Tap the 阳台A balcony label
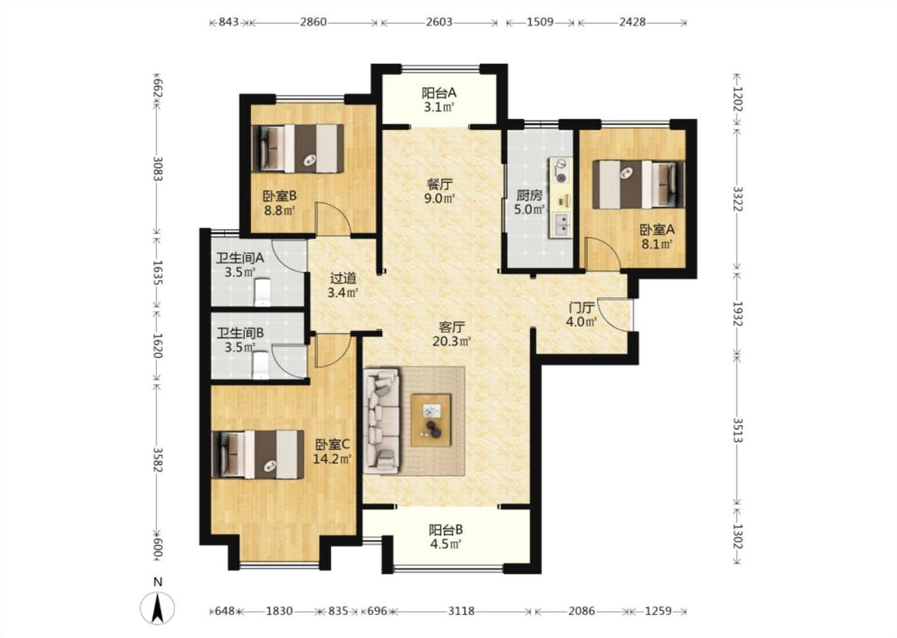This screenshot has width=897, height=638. pyautogui.click(x=439, y=93)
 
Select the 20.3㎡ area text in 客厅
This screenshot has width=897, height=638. pyautogui.click(x=451, y=341)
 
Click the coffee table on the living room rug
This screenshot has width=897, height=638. pyautogui.click(x=431, y=419)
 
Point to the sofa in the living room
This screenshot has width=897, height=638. pyautogui.click(x=382, y=421)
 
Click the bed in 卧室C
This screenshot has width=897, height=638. pyautogui.click(x=258, y=455)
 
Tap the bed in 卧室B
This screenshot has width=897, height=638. pyautogui.click(x=298, y=148)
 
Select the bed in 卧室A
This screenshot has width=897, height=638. pyautogui.click(x=639, y=184)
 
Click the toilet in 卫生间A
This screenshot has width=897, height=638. pyautogui.click(x=262, y=291)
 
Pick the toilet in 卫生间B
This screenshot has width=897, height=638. pyautogui.click(x=260, y=365)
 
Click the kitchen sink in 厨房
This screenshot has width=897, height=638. pyautogui.click(x=560, y=225)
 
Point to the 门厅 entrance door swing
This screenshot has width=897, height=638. pyautogui.click(x=616, y=315)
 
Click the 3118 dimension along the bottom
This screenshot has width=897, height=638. pyautogui.click(x=461, y=611)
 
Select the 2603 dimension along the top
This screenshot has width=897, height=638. pyautogui.click(x=439, y=22)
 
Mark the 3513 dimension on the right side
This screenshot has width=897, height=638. pyautogui.click(x=738, y=430)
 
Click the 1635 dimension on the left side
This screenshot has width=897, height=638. pyautogui.click(x=158, y=273)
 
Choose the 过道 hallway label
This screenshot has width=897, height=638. pyautogui.click(x=343, y=278)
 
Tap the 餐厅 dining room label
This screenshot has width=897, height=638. pyautogui.click(x=440, y=184)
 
